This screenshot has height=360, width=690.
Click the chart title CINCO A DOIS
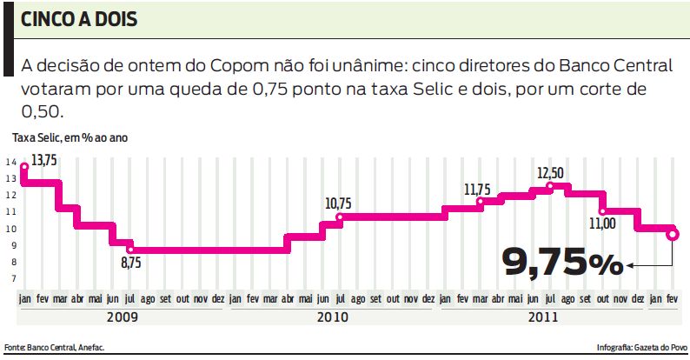79,18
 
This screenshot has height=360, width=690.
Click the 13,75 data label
44,161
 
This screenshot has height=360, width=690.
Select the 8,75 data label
130,262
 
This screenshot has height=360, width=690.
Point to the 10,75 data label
338,203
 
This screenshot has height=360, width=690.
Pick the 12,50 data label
551,171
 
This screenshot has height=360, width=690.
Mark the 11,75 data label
477,189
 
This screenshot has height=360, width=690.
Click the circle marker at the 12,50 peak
550,186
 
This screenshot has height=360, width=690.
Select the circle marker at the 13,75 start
23,167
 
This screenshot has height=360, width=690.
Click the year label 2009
122,317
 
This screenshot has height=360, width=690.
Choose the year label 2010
333,317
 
